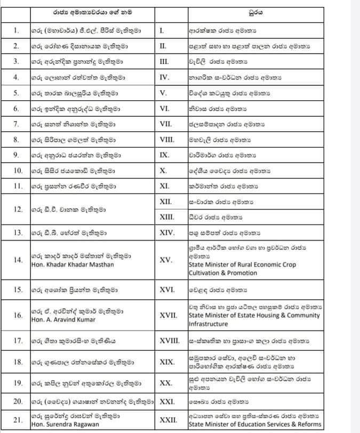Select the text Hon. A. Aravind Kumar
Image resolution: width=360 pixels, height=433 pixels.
[x=63, y=319]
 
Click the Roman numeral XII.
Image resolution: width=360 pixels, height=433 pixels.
[x=167, y=202]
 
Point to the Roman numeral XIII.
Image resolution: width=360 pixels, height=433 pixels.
[x=168, y=218]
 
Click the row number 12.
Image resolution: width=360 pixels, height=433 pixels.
[x=18, y=210]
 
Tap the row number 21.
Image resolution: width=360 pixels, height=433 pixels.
[x=18, y=420]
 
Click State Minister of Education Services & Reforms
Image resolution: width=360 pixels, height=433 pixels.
[x=255, y=424]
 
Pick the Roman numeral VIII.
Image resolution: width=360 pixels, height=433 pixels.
[x=166, y=140]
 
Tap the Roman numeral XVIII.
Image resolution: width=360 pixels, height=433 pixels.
[x=171, y=340]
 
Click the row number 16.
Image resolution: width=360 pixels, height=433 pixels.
[x=18, y=315]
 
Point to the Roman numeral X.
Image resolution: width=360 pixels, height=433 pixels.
[x=163, y=171]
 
